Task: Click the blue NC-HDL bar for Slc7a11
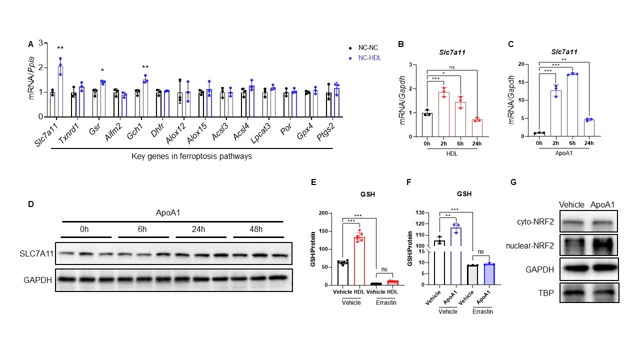click(x=60, y=88)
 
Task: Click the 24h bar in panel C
click(x=588, y=128)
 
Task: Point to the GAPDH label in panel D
click(x=38, y=280)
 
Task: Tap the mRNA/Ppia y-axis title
click(x=31, y=80)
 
